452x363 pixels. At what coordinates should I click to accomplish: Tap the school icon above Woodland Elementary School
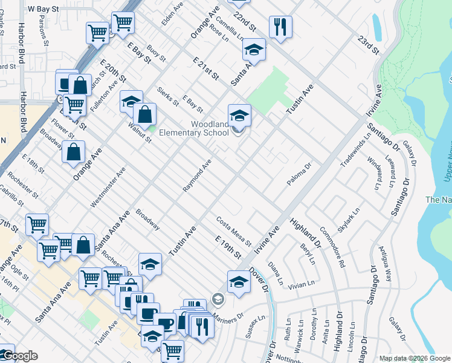pos(239,114)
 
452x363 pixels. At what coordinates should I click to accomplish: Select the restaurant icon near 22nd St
pos(280,26)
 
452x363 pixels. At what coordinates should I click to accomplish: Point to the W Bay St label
pos(43,10)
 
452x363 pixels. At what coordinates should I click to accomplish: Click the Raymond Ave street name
pos(198,176)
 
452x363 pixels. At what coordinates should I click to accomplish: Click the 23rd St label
pos(369,44)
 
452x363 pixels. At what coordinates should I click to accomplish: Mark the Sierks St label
pos(167,96)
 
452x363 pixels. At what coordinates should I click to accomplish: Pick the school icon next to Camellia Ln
pos(254,50)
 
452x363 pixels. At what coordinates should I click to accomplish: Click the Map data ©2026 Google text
pos(414,358)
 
